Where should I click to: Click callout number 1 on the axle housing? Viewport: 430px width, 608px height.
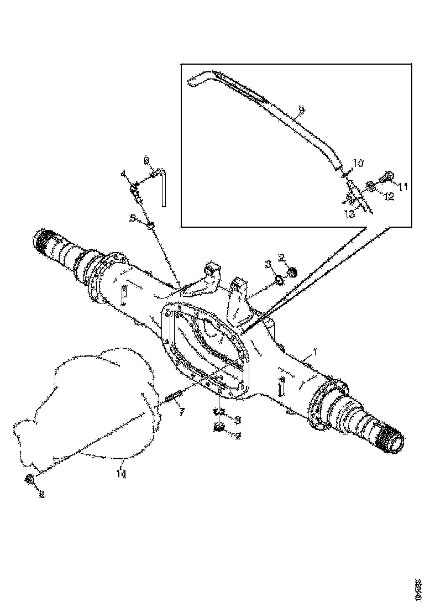click(315, 352)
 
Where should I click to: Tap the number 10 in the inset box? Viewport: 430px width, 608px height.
click(358, 164)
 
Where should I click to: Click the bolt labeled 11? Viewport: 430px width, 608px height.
click(389, 176)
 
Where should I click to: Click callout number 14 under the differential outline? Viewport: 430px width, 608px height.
click(122, 474)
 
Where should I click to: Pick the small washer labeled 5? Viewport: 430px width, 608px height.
click(151, 224)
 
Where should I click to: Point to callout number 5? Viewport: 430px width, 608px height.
click(132, 218)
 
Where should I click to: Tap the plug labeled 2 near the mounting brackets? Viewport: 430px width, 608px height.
click(293, 272)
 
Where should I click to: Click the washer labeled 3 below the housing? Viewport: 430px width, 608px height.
click(219, 411)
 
